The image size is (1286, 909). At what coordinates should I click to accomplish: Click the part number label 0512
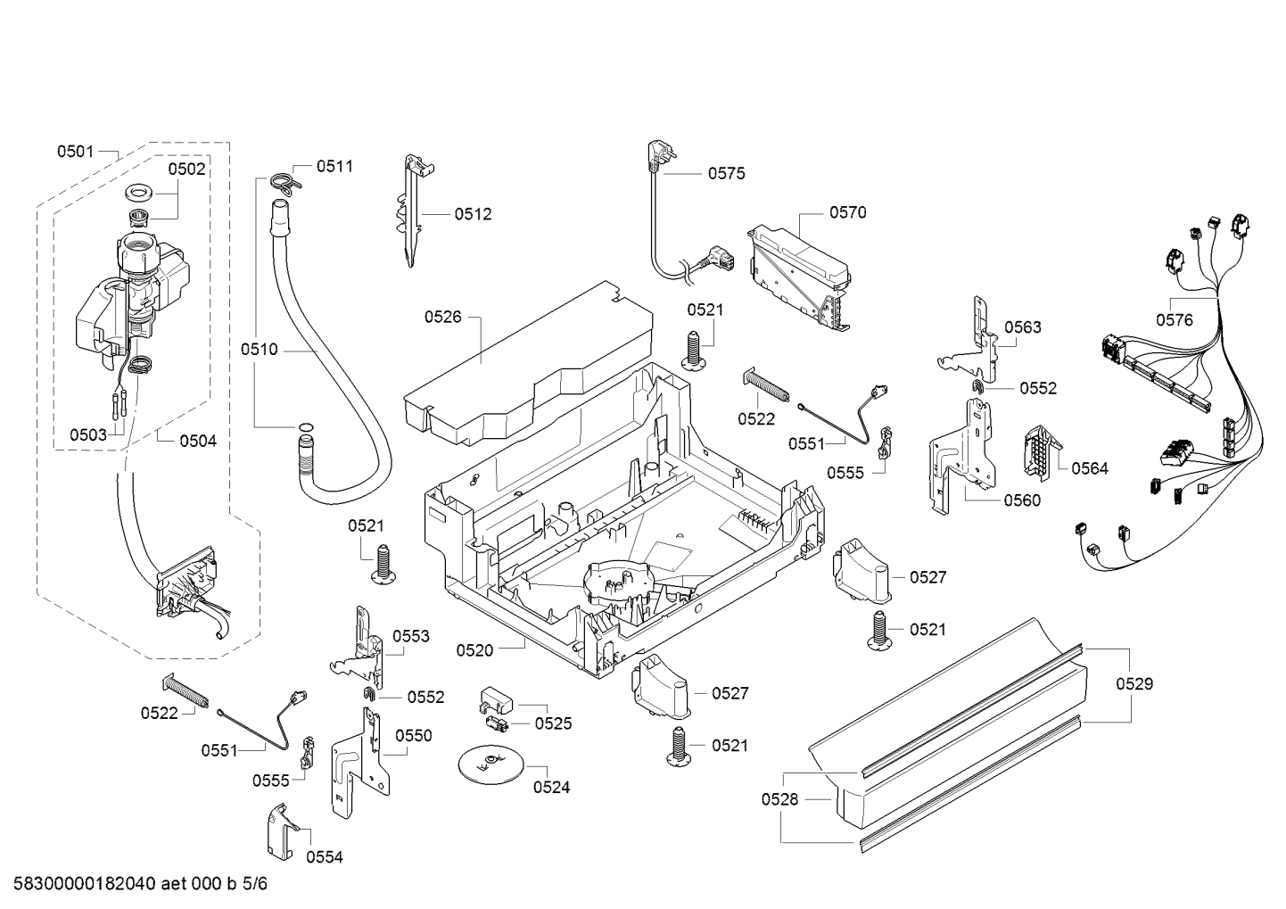473,214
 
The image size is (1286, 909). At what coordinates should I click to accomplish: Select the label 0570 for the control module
847,212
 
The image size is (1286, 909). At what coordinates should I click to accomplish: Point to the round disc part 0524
491,764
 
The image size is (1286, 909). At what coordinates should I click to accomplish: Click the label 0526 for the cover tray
442,317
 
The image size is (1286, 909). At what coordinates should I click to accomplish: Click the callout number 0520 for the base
474,650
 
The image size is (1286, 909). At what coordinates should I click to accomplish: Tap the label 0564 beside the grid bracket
1090,468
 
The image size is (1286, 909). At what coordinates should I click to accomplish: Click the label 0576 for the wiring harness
1175,320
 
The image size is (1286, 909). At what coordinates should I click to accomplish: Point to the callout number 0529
1134,684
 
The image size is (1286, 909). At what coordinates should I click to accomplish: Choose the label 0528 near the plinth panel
779,799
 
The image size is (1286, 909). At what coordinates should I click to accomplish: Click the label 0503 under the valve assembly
88,434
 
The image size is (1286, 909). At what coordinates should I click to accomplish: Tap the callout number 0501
75,152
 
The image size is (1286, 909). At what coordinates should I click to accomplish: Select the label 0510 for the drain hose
259,349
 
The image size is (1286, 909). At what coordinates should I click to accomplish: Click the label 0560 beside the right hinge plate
1023,500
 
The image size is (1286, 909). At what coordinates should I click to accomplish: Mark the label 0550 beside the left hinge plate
414,736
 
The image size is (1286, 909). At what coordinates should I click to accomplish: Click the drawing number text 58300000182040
85,884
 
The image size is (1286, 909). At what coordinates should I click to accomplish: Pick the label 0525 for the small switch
554,723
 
